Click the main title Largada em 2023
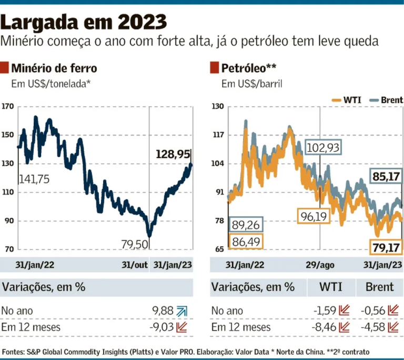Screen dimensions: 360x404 [84, 22]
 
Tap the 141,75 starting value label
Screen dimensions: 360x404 [34, 179]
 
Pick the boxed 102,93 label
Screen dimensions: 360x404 [323, 147]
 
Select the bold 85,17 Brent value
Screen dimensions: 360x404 [387, 177]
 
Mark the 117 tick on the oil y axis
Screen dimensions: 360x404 [218, 135]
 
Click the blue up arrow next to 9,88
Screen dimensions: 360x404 [181, 311]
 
